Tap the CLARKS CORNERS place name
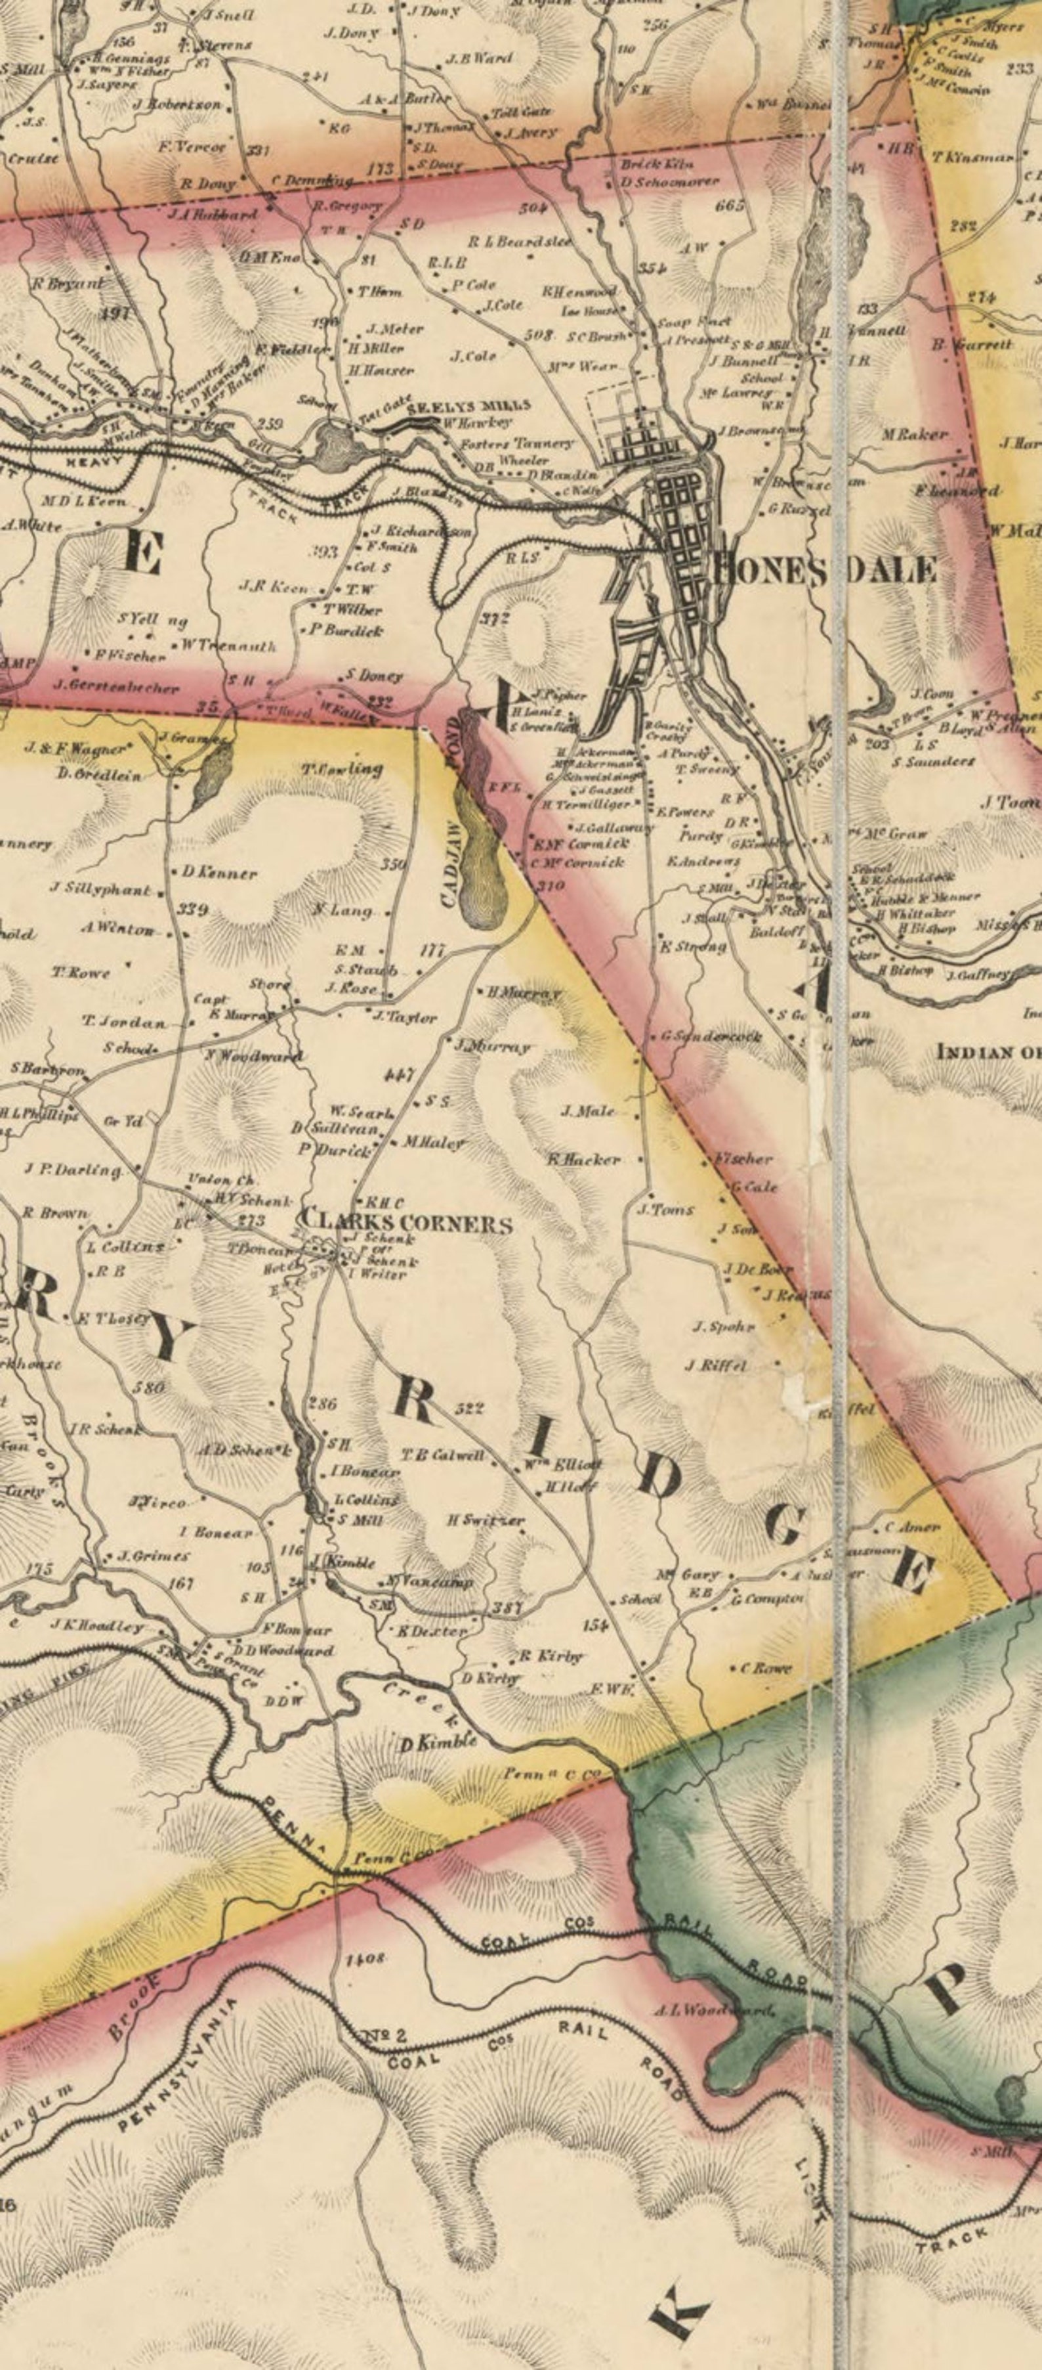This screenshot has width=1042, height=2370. [406, 1223]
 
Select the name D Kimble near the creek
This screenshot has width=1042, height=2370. [440, 1743]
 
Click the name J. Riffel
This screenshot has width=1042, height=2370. [715, 1365]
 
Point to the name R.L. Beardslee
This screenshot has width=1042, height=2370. [520, 242]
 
